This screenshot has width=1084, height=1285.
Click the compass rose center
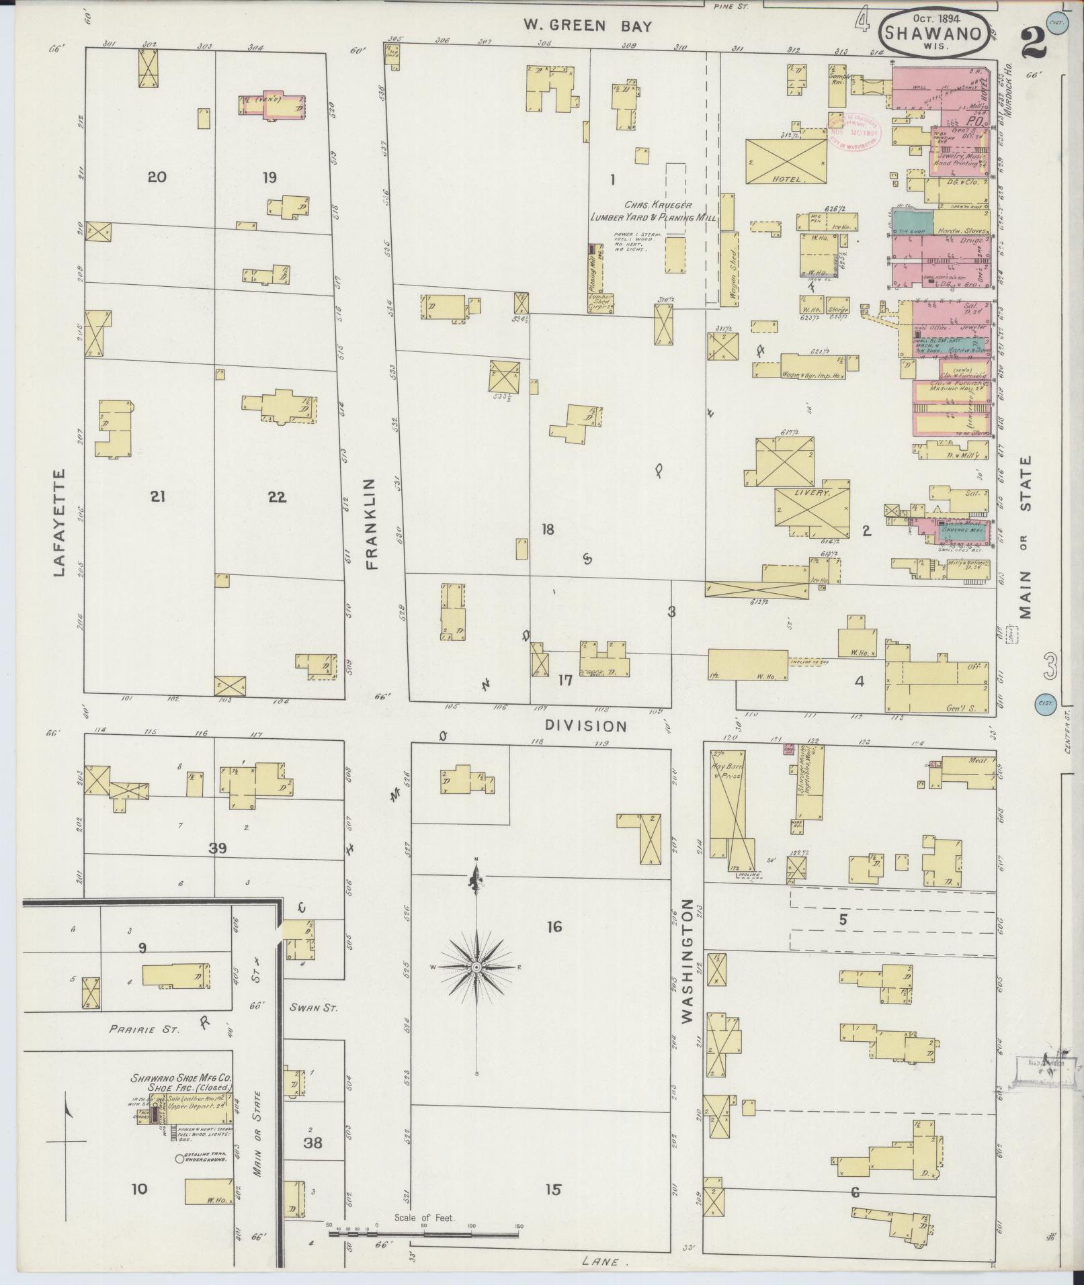(x=476, y=967)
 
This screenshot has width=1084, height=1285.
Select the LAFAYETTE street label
(x=59, y=523)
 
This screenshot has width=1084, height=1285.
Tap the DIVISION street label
(x=585, y=726)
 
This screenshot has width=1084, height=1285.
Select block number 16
(x=554, y=927)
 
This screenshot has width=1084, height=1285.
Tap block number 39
(x=217, y=848)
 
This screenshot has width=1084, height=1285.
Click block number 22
(x=276, y=497)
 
